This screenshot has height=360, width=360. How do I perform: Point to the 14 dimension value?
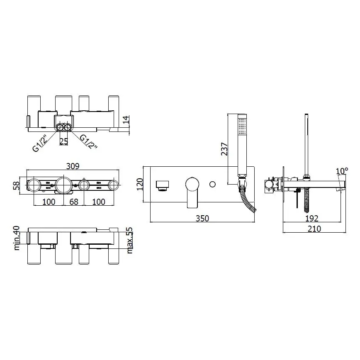(126, 122)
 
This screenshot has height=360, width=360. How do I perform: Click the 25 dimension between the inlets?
(63, 141)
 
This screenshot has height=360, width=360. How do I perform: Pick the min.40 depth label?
(17, 238)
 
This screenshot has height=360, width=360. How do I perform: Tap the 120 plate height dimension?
(140, 184)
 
